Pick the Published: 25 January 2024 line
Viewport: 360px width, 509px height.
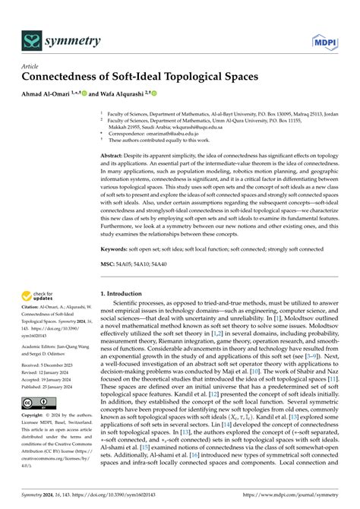pos(52,385)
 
